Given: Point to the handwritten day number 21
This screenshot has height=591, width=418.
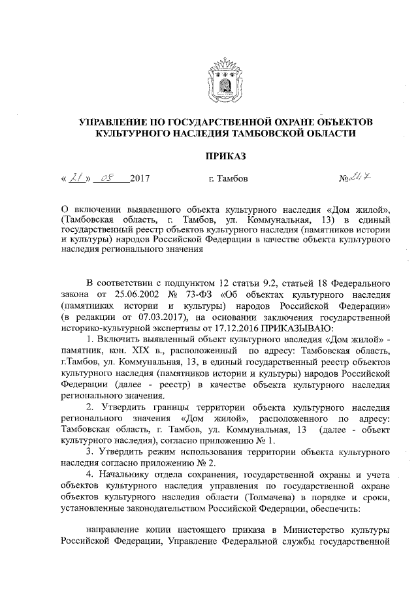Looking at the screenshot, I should coord(78,177).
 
